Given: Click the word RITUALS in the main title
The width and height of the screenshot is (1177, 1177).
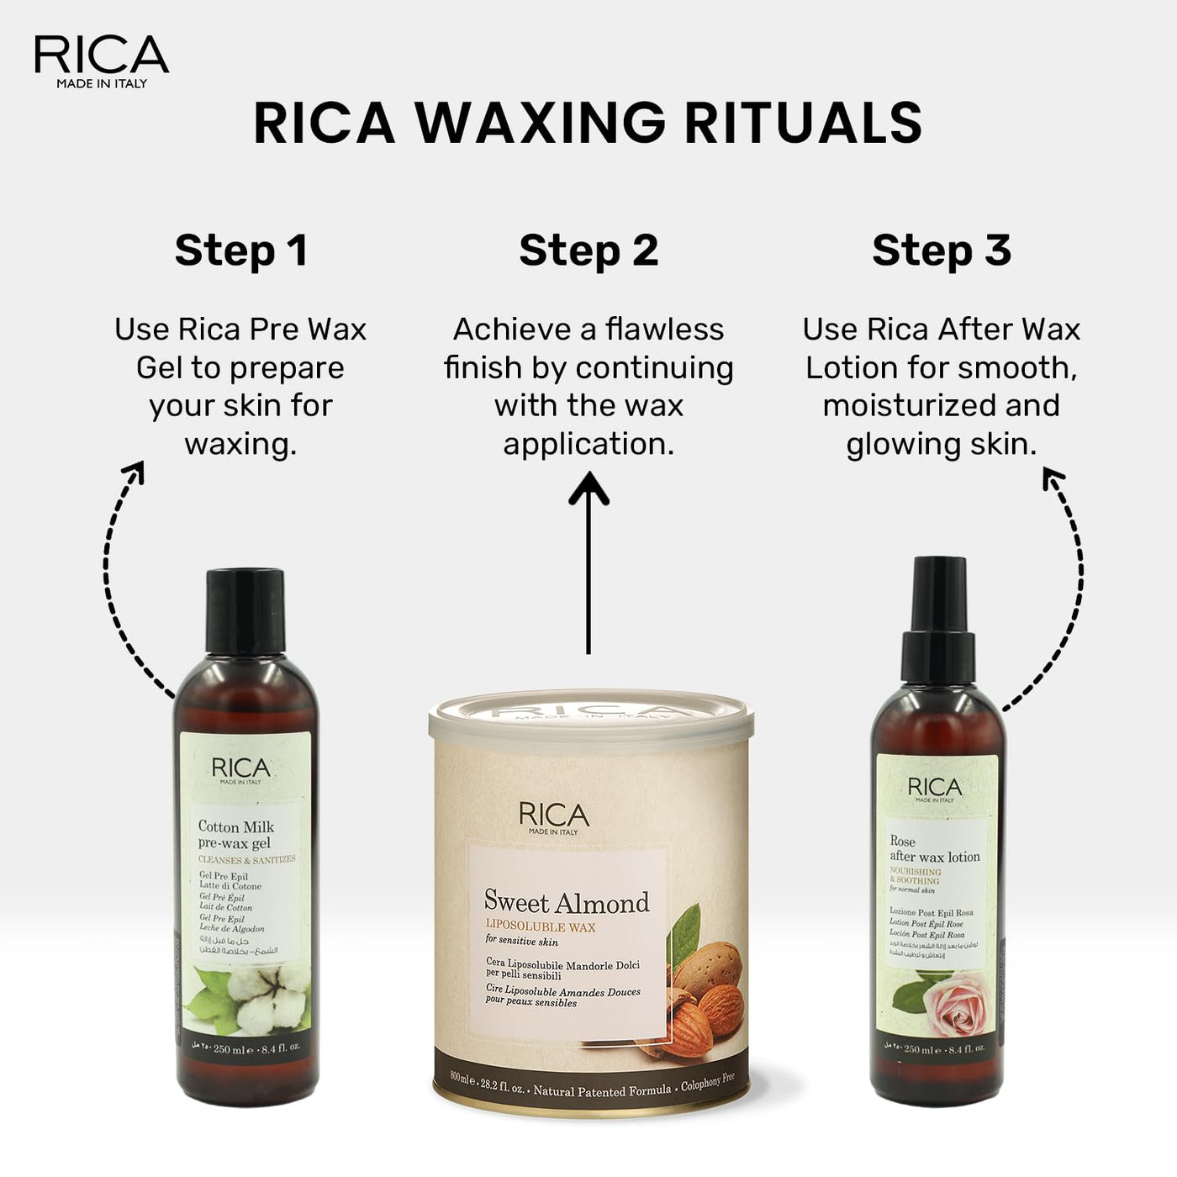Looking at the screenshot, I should click(x=803, y=123).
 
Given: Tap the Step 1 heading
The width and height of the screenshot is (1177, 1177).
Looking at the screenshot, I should click(x=241, y=250).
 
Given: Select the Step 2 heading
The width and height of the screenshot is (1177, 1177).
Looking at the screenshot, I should click(x=588, y=250).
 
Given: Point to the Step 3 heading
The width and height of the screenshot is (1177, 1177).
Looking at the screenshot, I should click(x=942, y=250).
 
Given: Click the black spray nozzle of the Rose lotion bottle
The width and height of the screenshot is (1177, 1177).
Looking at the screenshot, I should click(x=940, y=614).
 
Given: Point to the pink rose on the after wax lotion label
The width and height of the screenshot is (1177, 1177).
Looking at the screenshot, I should click(x=951, y=1004).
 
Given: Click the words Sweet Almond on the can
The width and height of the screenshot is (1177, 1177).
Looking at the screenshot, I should click(x=567, y=902).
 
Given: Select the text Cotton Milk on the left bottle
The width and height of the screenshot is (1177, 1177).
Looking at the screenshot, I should click(x=236, y=826).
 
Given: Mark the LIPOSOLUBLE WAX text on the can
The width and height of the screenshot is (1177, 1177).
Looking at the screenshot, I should click(x=541, y=926).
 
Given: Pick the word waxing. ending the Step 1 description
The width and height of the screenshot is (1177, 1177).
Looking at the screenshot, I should click(x=241, y=444).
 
